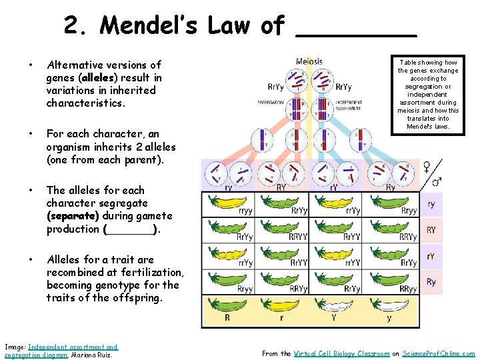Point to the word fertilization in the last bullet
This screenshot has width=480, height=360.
(150, 272)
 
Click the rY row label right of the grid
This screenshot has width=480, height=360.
(431, 256)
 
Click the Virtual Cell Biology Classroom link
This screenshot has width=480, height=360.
(341, 353)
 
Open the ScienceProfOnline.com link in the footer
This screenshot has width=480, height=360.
(439, 353)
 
